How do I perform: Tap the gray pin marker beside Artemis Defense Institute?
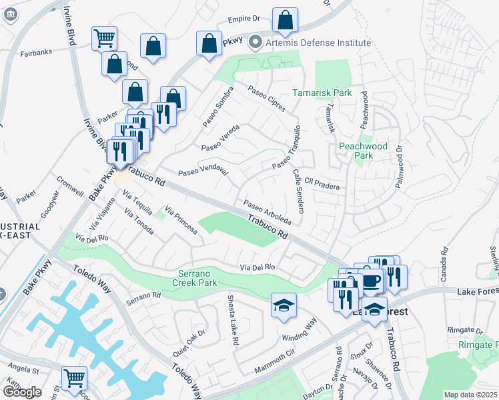point(254,43)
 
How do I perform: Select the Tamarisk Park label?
point(322,93)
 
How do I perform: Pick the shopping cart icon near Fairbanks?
point(105,38)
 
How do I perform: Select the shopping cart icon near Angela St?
point(74,378)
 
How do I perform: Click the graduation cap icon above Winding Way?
point(284,305)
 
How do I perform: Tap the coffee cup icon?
point(372,279)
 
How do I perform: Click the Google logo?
point(22,392)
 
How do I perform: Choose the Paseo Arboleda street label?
point(268,211)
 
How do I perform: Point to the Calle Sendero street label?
point(298,190)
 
